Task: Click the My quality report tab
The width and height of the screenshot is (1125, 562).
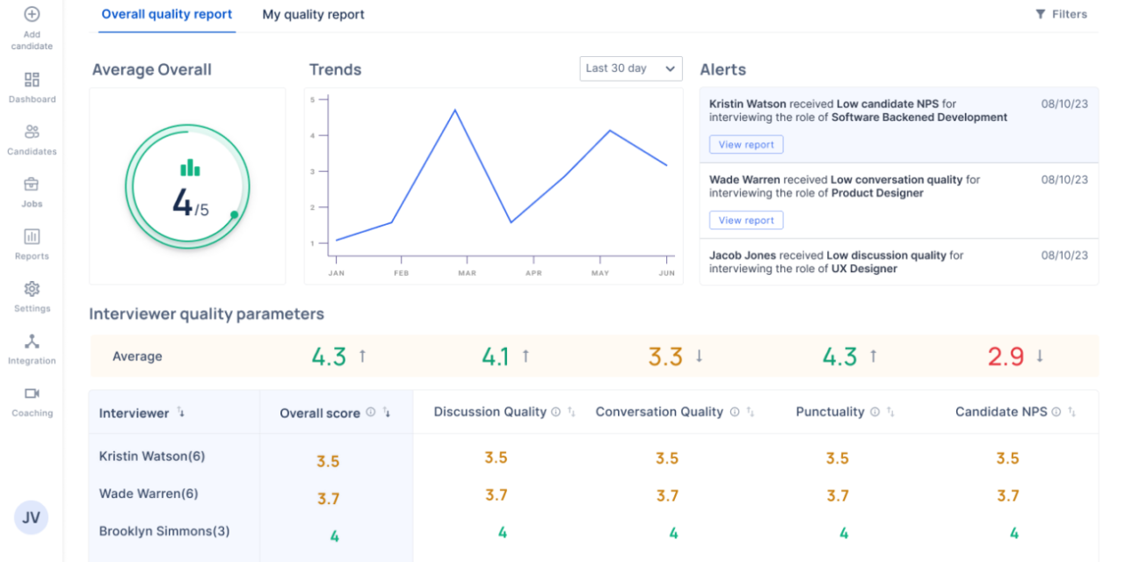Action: click(x=313, y=15)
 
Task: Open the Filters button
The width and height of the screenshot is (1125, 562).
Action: click(x=1061, y=15)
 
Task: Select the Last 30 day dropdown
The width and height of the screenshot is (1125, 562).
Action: click(x=630, y=68)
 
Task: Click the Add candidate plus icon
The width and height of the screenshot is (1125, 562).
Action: click(x=32, y=15)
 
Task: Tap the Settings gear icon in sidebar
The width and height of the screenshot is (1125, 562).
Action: click(x=32, y=289)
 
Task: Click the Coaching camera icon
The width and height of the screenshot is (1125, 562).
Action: click(x=32, y=393)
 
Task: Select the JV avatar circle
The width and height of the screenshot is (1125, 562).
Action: click(x=31, y=518)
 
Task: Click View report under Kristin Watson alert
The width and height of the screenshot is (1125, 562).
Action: click(x=745, y=145)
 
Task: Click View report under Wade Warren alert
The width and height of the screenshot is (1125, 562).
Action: click(x=745, y=220)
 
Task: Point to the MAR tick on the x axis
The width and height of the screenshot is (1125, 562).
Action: click(x=467, y=273)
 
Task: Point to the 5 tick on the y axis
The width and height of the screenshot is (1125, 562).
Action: click(x=312, y=100)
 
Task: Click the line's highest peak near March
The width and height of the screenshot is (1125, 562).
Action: click(x=454, y=110)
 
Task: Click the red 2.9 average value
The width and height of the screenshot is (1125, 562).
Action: click(x=1005, y=357)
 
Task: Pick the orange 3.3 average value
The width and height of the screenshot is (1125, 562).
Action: click(x=665, y=357)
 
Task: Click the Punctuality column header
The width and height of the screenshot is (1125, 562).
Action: click(x=830, y=412)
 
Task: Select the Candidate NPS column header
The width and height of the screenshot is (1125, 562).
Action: click(x=1001, y=412)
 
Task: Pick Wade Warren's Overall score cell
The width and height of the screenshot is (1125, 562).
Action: click(x=328, y=499)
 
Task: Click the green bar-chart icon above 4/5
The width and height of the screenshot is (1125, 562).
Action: click(x=190, y=168)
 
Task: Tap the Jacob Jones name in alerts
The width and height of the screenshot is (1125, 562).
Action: click(x=744, y=256)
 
